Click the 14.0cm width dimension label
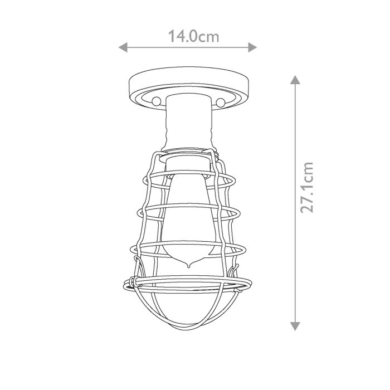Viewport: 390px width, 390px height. coord(193,37)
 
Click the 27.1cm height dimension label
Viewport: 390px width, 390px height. coord(307,187)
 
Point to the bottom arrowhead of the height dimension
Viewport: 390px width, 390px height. coord(295,326)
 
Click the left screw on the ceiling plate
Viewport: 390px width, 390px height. coord(157,101)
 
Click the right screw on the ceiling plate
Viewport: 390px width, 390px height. coord(221,102)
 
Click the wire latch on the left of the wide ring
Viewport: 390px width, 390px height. coord(133,280)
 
